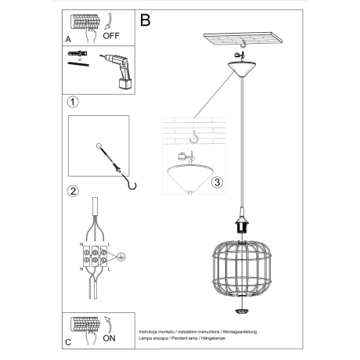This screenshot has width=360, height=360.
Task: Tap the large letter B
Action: click(145, 21)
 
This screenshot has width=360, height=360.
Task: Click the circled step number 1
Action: click(72, 103)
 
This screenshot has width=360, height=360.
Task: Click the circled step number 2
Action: click(72, 190)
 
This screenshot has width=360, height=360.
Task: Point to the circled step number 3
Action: click(218, 182)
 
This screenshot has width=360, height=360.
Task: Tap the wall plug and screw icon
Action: click(76, 59)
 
